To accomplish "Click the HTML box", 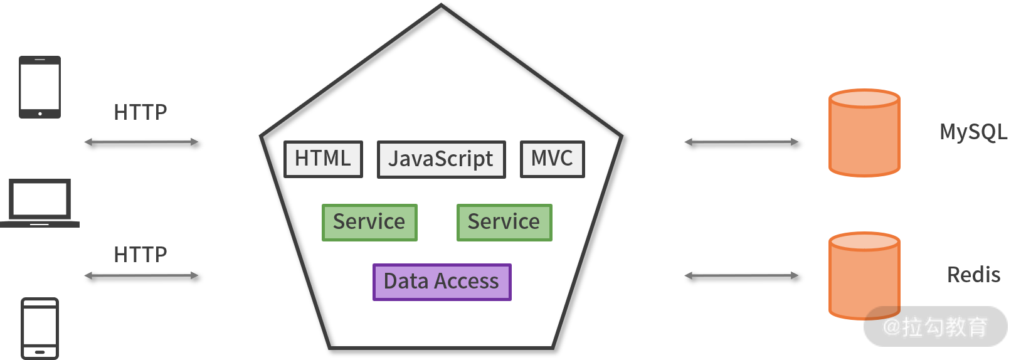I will pos(323,159).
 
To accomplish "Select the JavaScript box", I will pos(441,159).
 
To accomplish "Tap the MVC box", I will pos(552,159).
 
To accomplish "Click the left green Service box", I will pos(369,222).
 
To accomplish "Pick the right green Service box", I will pos(504,222).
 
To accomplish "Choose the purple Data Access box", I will pos(442,282).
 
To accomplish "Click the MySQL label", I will pos(973,132).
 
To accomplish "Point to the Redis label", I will pos(973,275).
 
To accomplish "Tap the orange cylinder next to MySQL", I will pos(864,133).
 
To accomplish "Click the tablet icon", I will pos(40,87).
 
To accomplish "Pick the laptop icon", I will pos(40,203).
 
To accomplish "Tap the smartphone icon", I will pos(40,328).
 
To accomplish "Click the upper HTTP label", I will pos(140,112).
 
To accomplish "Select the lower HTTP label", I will pos(140,255).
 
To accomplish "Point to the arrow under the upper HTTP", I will pos(141,142).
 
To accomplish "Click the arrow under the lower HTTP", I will pos(141,275).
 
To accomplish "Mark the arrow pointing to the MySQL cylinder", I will pos(741,142).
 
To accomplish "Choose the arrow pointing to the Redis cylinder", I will pos(741,275).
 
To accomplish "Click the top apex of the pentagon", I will pos(441,6).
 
